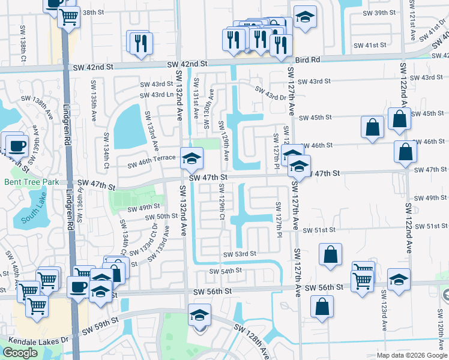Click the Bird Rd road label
coord(307,60)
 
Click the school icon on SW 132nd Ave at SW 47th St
coord(192,158)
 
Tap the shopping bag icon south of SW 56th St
coord(322,306)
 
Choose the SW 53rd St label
coord(240,254)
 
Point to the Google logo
coord(20,353)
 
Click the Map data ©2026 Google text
coord(411,355)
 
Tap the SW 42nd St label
coord(187,64)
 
